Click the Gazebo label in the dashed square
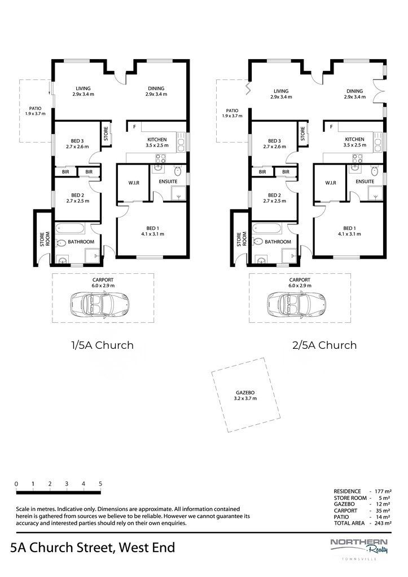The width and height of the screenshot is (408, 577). coord(245,395)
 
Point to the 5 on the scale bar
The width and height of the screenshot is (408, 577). coord(100,483)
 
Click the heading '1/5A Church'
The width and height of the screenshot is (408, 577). coord(102,344)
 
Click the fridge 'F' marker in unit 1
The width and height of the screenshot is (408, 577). coord(134,127)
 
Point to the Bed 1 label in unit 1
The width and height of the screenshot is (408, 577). coord(150,230)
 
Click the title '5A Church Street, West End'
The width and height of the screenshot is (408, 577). coord(93,547)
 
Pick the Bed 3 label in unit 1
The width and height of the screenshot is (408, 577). coord(78,144)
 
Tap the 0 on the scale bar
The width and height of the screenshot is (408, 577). coord(16,483)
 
